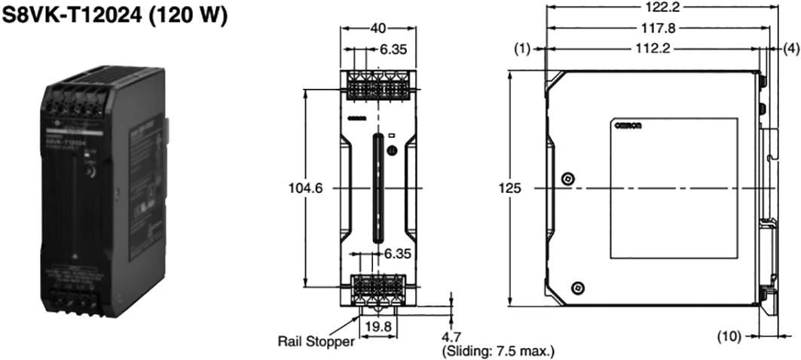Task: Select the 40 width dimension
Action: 378,28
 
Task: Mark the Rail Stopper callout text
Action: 315,341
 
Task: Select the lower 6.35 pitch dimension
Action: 397,254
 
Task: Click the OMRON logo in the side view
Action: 628,126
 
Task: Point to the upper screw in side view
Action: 568,178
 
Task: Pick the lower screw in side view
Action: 578,287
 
